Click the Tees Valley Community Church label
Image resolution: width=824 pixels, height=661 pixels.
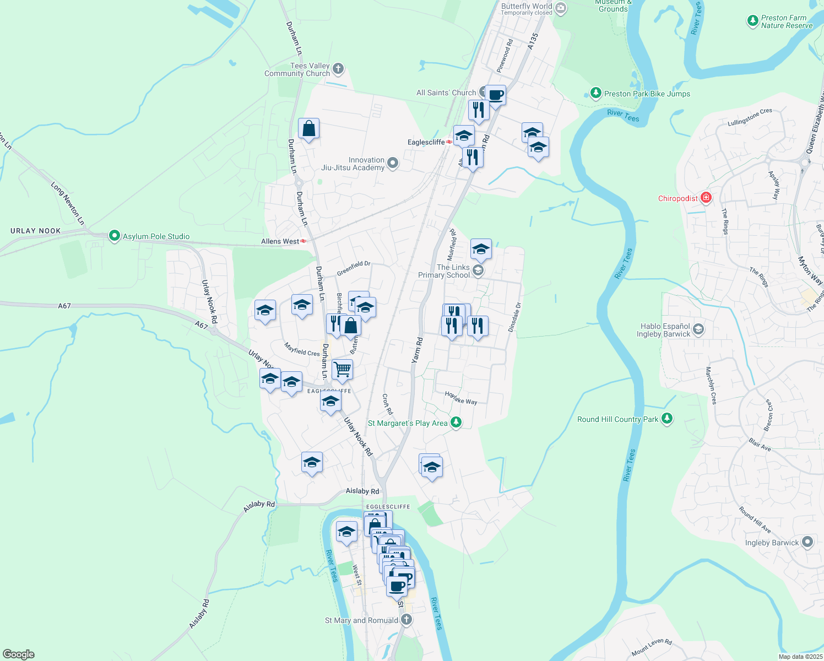pyautogui.click(x=297, y=69)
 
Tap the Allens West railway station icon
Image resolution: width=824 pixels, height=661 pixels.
pyautogui.click(x=303, y=241)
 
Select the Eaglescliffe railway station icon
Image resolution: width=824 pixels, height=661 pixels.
pyautogui.click(x=449, y=142)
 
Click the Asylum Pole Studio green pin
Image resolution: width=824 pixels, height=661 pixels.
pyautogui.click(x=114, y=236)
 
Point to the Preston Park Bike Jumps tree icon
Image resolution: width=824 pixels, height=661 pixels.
pyautogui.click(x=595, y=93)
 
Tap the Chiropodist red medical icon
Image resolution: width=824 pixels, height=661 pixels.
pyautogui.click(x=706, y=198)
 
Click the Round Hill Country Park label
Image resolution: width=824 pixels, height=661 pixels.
pyautogui.click(x=617, y=419)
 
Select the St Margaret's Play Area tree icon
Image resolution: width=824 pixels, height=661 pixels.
pyautogui.click(x=456, y=422)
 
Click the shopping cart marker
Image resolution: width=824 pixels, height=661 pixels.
pyautogui.click(x=342, y=369)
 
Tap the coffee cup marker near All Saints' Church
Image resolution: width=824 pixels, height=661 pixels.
pyautogui.click(x=495, y=95)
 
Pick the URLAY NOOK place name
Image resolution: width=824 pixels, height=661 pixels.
pyautogui.click(x=35, y=231)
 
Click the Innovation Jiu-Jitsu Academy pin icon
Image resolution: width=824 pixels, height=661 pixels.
pyautogui.click(x=393, y=163)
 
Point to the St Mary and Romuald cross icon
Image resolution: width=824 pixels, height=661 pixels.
pyautogui.click(x=406, y=620)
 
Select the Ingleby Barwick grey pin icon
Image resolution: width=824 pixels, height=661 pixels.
pyautogui.click(x=807, y=542)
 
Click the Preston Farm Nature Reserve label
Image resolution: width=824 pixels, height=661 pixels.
pyautogui.click(x=787, y=21)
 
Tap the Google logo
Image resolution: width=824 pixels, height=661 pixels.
pyautogui.click(x=18, y=654)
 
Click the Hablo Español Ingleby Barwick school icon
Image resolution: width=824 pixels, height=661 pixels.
pyautogui.click(x=698, y=329)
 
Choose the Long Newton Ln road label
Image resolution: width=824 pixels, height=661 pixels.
pyautogui.click(x=68, y=203)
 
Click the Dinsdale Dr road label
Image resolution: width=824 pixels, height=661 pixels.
pyautogui.click(x=514, y=317)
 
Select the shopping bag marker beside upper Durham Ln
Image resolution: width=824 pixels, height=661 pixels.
pyautogui.click(x=308, y=128)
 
